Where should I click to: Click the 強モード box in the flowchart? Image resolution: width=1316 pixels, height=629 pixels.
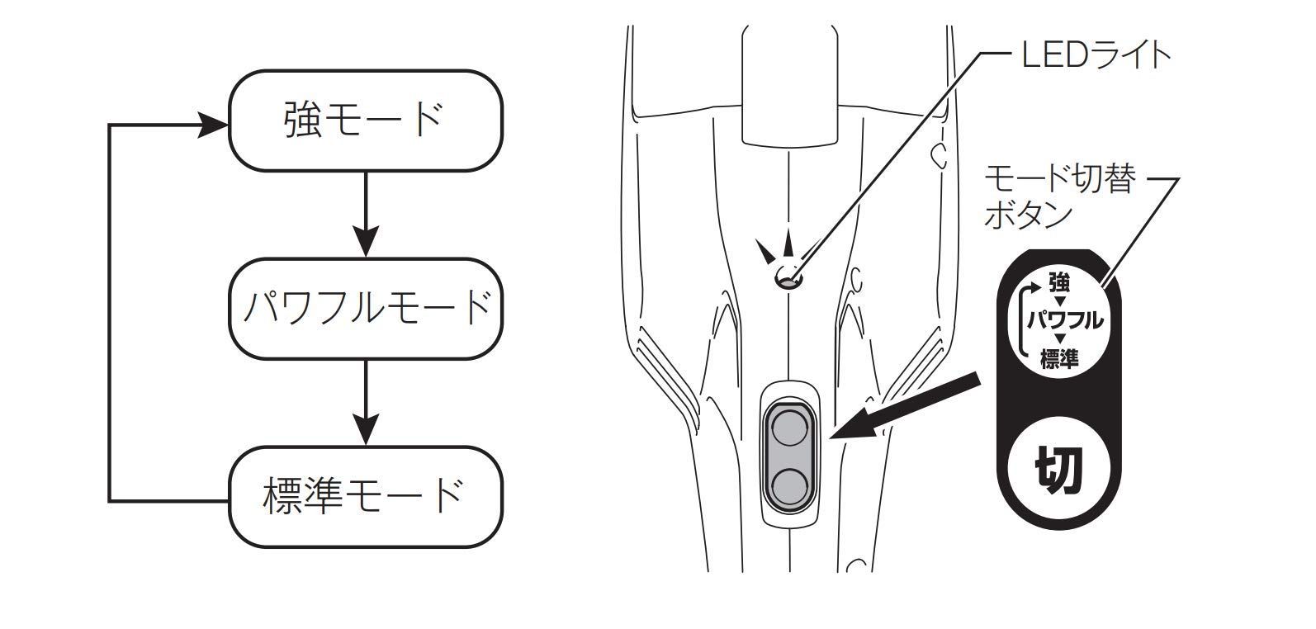pos(365,121)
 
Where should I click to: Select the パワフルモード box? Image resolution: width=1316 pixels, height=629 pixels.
pos(365,309)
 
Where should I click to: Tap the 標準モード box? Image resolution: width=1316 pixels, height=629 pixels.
pos(365,496)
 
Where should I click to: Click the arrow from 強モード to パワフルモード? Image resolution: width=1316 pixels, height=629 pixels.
pos(365,215)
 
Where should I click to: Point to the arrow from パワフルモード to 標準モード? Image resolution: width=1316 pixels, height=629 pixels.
pos(365,403)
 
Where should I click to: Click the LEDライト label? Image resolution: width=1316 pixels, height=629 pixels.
pos(1096,55)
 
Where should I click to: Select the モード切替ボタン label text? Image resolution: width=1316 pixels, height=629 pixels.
pos(1058,196)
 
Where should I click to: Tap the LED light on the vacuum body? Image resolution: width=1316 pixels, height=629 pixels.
pos(788,280)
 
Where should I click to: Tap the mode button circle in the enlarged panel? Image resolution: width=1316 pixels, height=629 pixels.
pos(1060,321)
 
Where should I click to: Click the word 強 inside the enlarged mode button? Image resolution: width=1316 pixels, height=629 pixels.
pos(1059,285)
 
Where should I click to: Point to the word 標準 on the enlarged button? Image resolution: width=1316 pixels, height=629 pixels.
pos(1060,359)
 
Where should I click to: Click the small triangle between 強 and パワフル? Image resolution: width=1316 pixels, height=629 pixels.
pos(1059,302)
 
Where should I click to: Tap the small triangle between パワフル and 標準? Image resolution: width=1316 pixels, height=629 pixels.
pos(1059,340)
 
